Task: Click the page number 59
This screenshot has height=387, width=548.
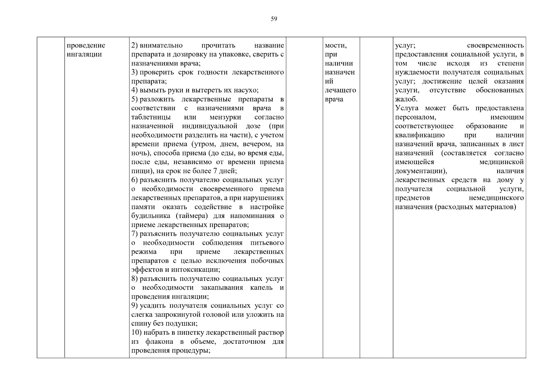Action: [x=274, y=19]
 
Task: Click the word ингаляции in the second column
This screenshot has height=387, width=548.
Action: [x=84, y=54]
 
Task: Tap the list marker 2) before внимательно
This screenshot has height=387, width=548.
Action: [x=135, y=45]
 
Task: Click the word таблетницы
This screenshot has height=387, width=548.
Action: [x=151, y=117]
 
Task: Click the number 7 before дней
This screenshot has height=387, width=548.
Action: [x=215, y=171]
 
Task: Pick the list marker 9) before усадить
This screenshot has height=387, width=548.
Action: [x=135, y=305]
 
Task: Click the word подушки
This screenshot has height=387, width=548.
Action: [x=184, y=323]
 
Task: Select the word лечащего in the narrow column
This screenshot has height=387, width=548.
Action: [x=340, y=90]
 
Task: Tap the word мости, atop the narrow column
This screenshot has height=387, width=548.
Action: [x=336, y=45]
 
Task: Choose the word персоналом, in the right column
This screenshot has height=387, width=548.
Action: [x=416, y=117]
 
